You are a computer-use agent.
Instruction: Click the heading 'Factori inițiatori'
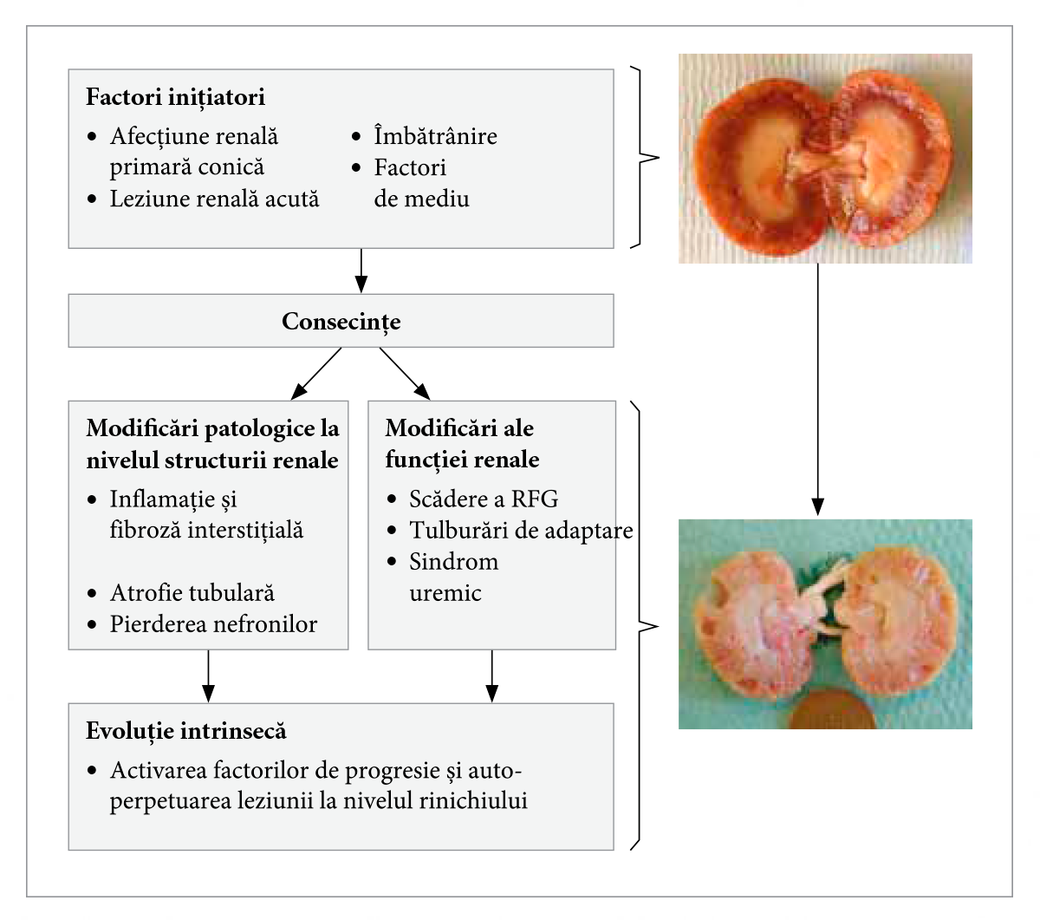175,97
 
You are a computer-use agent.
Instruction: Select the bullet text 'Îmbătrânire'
435,136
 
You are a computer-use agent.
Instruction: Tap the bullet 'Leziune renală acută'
214,199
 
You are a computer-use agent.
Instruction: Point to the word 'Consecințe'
341,322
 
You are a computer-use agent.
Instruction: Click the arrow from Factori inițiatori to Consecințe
361,271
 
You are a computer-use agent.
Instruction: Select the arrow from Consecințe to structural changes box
317,374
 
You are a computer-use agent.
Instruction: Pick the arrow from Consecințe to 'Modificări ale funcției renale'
404,374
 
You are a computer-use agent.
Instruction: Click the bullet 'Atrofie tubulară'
192,593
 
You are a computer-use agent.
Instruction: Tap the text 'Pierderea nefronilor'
213,624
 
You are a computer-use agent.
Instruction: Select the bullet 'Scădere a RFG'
484,499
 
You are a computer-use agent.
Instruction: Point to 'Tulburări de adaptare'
520,531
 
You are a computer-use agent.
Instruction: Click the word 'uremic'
445,593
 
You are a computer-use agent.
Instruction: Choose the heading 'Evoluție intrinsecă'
185,731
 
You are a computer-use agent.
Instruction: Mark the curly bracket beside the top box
645,158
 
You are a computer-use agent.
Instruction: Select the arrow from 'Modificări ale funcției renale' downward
491,675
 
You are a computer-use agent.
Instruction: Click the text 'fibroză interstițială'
206,531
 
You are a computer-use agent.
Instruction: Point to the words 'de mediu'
421,199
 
